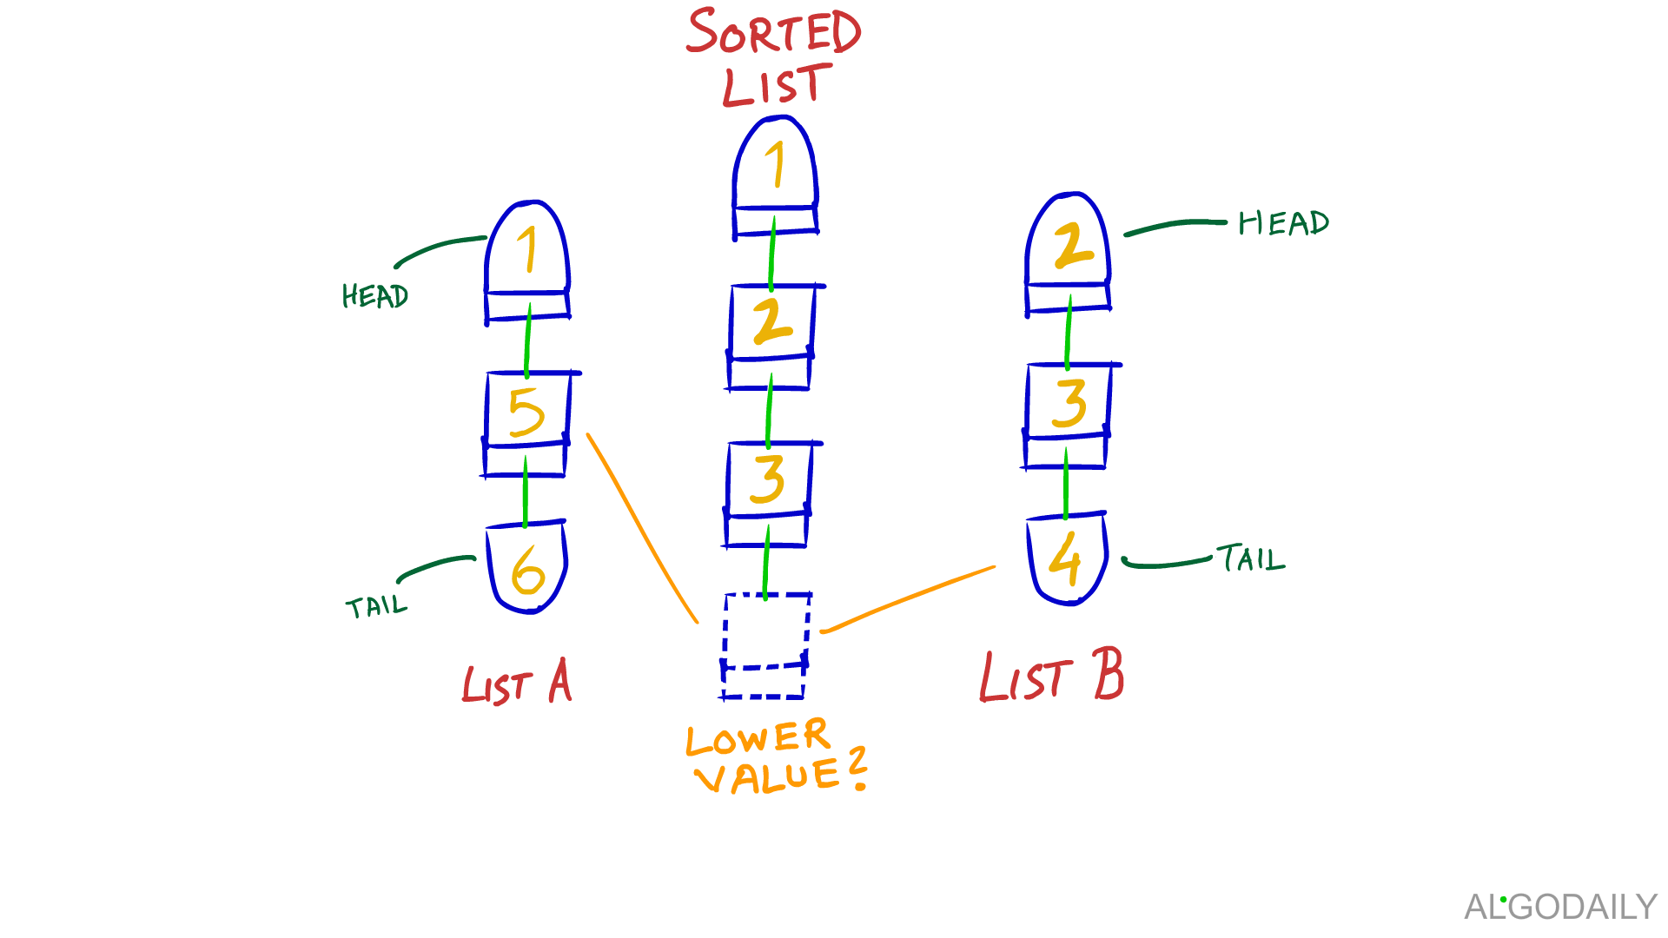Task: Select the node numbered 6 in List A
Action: [x=527, y=569]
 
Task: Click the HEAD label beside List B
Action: [x=1283, y=223]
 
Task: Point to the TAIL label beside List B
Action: [x=1250, y=558]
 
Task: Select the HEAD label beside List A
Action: [x=374, y=296]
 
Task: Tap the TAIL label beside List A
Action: [x=376, y=605]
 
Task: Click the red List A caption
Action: [x=517, y=682]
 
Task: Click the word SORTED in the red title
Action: [x=773, y=32]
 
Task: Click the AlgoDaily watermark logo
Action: [x=1560, y=907]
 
